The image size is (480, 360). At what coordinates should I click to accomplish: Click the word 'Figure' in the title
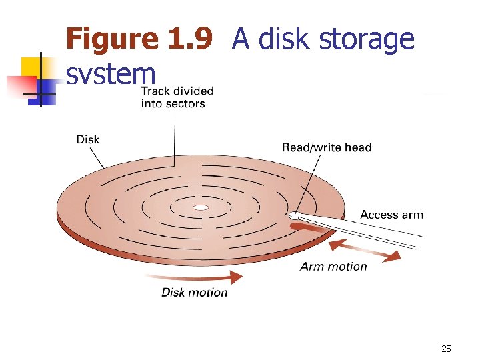tap(112, 39)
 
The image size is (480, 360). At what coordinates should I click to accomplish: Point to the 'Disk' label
tap(88, 139)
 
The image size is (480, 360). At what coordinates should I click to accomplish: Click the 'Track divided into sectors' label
tap(177, 97)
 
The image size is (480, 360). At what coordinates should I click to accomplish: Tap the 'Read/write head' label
tap(327, 147)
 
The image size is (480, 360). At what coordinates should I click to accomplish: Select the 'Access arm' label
tap(391, 215)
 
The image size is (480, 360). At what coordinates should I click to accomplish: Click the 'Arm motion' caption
tap(333, 267)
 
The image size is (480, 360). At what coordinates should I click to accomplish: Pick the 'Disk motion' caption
tap(194, 292)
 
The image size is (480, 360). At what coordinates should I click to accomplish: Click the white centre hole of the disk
tap(201, 208)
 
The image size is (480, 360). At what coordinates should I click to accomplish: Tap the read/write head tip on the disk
tap(295, 215)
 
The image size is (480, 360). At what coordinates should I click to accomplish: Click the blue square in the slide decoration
tap(47, 87)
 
